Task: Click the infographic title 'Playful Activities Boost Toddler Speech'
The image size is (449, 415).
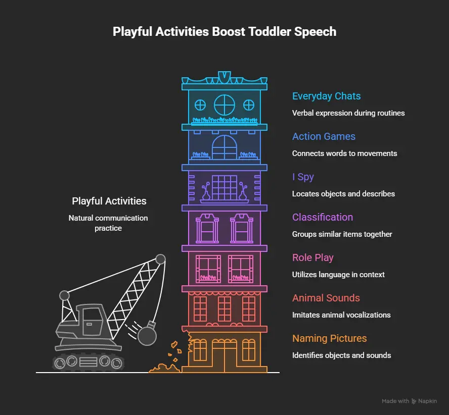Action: click(x=224, y=32)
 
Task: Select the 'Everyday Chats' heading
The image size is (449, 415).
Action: click(x=326, y=96)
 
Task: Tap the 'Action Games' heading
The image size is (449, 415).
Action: click(x=324, y=136)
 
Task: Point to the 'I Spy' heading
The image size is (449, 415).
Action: click(x=303, y=177)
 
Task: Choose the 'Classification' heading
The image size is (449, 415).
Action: click(x=323, y=217)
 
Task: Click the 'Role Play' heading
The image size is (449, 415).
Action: click(x=312, y=257)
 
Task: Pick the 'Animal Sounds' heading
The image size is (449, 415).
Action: click(x=326, y=298)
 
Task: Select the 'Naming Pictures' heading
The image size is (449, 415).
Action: click(x=329, y=338)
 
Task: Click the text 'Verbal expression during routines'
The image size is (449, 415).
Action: click(x=348, y=113)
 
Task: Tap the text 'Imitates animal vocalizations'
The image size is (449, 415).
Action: click(x=341, y=315)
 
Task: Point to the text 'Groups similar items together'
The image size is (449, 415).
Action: click(x=342, y=234)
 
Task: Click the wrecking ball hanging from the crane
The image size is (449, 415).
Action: click(x=147, y=335)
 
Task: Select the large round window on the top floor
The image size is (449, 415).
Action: click(x=224, y=105)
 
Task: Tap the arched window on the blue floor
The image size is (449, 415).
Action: click(x=224, y=147)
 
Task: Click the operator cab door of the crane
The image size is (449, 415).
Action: click(x=93, y=322)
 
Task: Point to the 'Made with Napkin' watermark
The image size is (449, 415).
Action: click(x=409, y=401)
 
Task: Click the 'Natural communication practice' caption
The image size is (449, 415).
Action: click(x=108, y=223)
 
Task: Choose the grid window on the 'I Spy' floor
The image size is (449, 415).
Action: click(x=224, y=188)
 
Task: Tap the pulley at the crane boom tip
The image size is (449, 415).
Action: click(x=161, y=259)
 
